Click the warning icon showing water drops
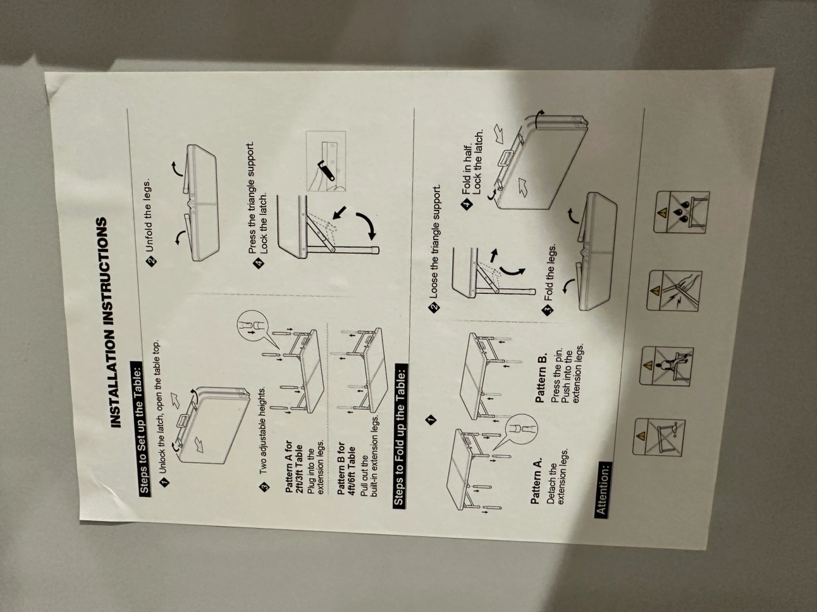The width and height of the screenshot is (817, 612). [682, 212]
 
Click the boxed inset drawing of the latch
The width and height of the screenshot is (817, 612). [326, 161]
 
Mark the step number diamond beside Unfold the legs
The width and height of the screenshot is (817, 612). [152, 260]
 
